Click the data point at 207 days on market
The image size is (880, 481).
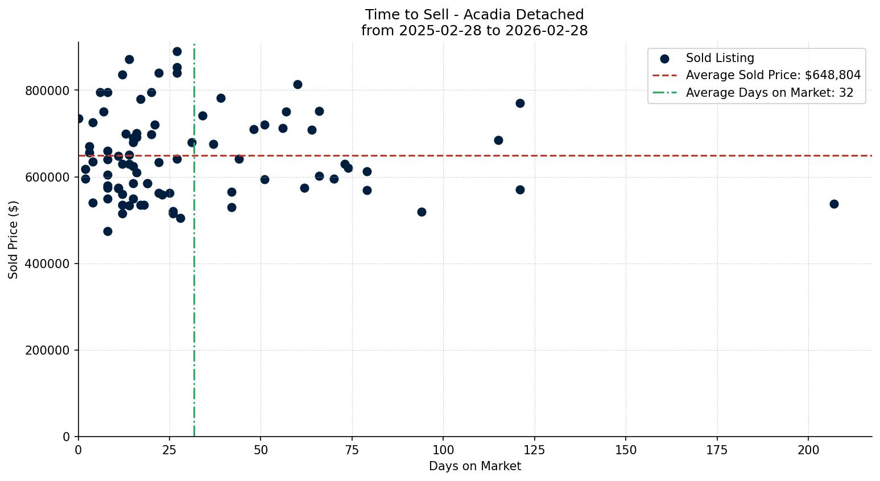tap(834, 204)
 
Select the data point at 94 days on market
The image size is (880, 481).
tap(422, 212)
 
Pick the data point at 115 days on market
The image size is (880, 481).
tap(498, 140)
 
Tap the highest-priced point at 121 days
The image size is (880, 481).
tap(520, 103)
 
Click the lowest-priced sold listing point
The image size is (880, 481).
tap(108, 231)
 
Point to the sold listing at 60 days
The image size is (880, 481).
tap(298, 84)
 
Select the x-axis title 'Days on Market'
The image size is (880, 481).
tap(474, 466)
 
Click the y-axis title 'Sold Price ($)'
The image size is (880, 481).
tap(14, 240)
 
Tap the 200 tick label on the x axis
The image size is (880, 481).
tap(808, 450)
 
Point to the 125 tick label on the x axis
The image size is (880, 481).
tap(535, 450)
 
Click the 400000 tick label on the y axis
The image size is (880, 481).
tap(47, 264)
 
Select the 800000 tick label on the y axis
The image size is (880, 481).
tap(47, 91)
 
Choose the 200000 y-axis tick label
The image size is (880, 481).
tap(47, 350)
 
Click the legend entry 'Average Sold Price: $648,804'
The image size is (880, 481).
tap(772, 75)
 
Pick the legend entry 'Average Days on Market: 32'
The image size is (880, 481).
tap(769, 93)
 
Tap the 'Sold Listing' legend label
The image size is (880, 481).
tap(720, 58)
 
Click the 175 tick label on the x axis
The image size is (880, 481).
tap(717, 450)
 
